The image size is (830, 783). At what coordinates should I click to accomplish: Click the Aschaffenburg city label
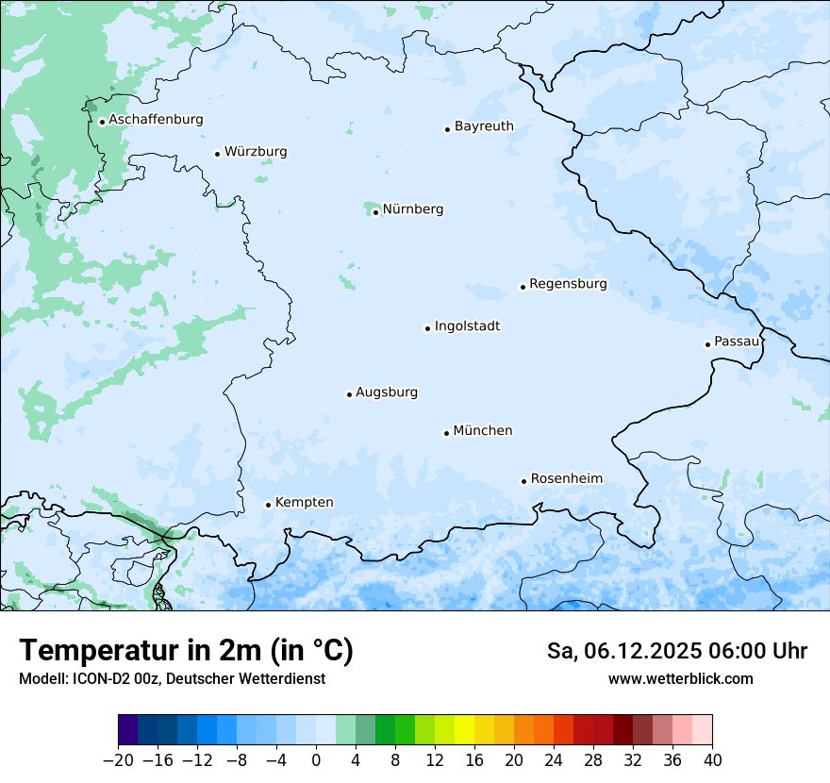[x=156, y=120]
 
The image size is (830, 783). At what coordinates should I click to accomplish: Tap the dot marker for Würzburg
[x=217, y=154]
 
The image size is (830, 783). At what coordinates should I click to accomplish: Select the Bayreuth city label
[x=484, y=126]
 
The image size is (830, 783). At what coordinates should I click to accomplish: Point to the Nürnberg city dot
[x=375, y=212]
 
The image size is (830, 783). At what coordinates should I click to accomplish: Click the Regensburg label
[x=568, y=284]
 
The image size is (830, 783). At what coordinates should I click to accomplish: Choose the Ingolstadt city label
[x=467, y=326]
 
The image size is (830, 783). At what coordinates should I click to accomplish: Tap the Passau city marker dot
[x=707, y=344]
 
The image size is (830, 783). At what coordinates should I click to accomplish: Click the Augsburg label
[x=387, y=392]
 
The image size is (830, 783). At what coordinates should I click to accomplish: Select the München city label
[x=483, y=431]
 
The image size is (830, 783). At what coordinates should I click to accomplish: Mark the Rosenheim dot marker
[x=523, y=481]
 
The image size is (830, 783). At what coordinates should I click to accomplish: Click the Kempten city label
[x=304, y=503]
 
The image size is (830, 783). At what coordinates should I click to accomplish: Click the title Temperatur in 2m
[x=186, y=651]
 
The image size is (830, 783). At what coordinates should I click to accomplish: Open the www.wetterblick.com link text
[x=680, y=678]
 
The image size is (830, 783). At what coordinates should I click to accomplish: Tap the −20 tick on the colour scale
[x=119, y=760]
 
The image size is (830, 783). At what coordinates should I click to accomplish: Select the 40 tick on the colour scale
[x=712, y=760]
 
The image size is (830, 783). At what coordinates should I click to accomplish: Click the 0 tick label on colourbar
[x=316, y=760]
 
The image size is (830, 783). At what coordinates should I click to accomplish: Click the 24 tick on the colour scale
[x=554, y=760]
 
